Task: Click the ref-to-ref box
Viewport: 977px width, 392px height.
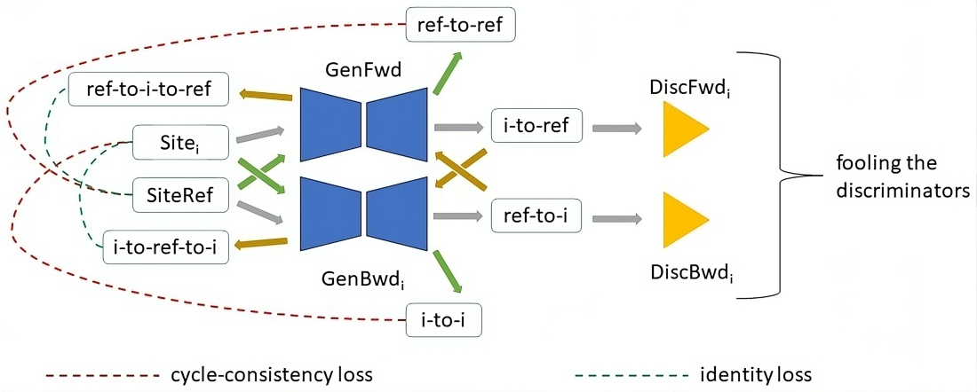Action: tap(459, 26)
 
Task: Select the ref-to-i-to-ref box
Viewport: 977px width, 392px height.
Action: tap(150, 90)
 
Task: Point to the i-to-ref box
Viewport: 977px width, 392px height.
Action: tap(536, 128)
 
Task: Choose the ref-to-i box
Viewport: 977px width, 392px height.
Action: tap(536, 216)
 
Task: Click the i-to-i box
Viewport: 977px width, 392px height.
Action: tap(443, 320)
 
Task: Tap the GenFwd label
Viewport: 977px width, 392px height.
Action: tap(355, 70)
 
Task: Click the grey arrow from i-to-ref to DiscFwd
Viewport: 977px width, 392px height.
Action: tap(617, 129)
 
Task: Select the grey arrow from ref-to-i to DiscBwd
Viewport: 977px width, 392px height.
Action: tap(617, 217)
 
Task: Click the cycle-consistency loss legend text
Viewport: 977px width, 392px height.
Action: tap(271, 374)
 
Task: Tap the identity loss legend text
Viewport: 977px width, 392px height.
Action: tap(756, 374)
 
